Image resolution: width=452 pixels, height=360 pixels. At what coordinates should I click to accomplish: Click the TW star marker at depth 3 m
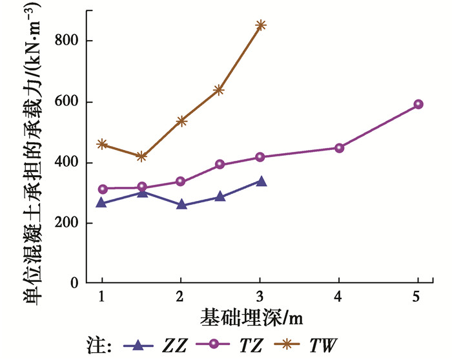261,26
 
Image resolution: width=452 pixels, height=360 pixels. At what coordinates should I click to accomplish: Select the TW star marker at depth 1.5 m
141,156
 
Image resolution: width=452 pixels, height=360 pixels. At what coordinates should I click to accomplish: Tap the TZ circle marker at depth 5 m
418,104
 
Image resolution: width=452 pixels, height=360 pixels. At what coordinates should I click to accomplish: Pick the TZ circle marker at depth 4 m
339,148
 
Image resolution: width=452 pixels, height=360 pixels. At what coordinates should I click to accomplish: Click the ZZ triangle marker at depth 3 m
261,182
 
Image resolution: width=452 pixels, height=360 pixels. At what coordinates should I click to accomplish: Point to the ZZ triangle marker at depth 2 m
181,204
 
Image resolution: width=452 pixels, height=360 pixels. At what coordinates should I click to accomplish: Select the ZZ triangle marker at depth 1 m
102,202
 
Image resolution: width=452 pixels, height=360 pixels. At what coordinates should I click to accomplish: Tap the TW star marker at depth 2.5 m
219,90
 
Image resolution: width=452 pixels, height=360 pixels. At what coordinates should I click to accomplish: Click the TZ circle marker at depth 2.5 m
220,164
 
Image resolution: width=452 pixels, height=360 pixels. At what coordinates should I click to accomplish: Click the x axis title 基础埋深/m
252,318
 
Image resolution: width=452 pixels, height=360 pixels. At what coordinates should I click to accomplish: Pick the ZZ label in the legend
173,344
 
